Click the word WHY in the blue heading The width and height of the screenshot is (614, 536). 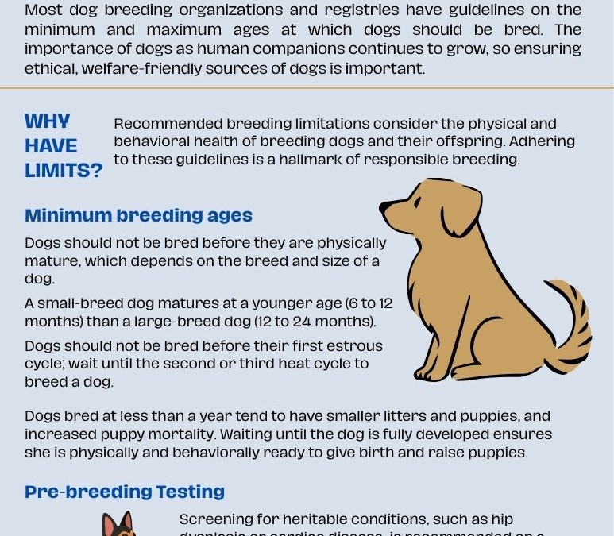(x=47, y=122)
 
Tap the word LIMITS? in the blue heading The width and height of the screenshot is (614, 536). (x=64, y=170)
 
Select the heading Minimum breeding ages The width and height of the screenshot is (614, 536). (x=138, y=215)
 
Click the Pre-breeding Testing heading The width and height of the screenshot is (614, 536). (x=125, y=492)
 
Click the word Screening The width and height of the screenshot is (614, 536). (x=218, y=519)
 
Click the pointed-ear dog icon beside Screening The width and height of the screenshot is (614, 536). (x=118, y=525)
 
